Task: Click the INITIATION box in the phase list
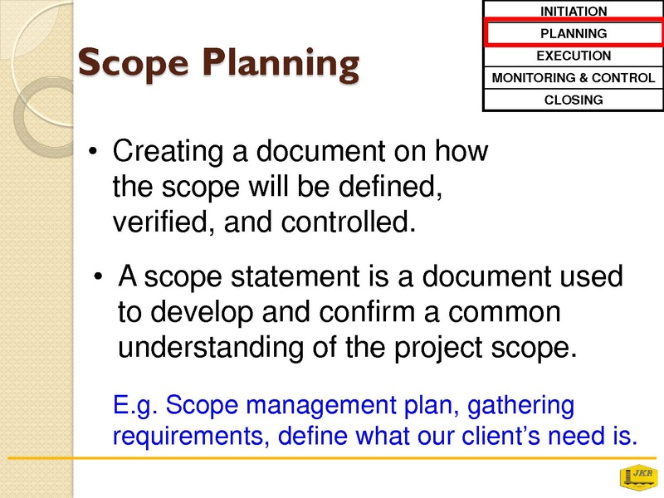574,10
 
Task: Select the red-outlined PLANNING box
574,33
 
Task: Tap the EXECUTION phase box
574,56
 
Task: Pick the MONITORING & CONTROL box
574,77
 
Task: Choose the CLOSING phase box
574,100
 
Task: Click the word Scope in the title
133,64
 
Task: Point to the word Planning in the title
281,64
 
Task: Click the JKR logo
638,476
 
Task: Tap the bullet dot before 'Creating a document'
93,151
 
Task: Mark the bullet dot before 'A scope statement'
98,277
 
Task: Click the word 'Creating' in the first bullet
168,151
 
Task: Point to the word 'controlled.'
348,222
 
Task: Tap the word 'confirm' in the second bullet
367,312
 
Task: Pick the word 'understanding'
211,348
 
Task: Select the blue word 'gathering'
520,406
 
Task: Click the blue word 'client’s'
501,435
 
